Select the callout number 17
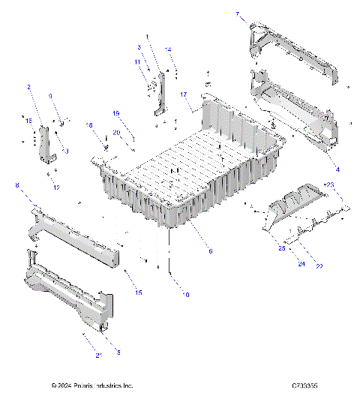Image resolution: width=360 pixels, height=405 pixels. [183, 94]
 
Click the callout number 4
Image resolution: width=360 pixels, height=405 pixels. [337, 169]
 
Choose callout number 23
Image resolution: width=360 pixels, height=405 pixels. [329, 184]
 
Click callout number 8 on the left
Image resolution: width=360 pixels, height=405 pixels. [17, 184]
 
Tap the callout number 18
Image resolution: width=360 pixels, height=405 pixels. [88, 124]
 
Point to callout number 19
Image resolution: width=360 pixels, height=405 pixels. [116, 113]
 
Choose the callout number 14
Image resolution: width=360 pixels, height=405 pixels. [169, 49]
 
